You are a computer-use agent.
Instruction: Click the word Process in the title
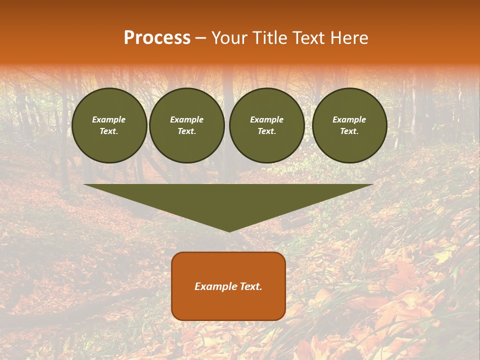pos(157,38)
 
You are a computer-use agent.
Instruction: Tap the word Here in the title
pos(348,38)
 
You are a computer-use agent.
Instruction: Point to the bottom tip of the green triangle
pos(229,230)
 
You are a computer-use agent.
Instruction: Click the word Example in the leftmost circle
pos(109,119)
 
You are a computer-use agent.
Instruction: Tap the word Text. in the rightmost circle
pos(349,131)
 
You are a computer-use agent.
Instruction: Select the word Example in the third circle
pos(267,119)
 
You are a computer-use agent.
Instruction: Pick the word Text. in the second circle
pos(187,131)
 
